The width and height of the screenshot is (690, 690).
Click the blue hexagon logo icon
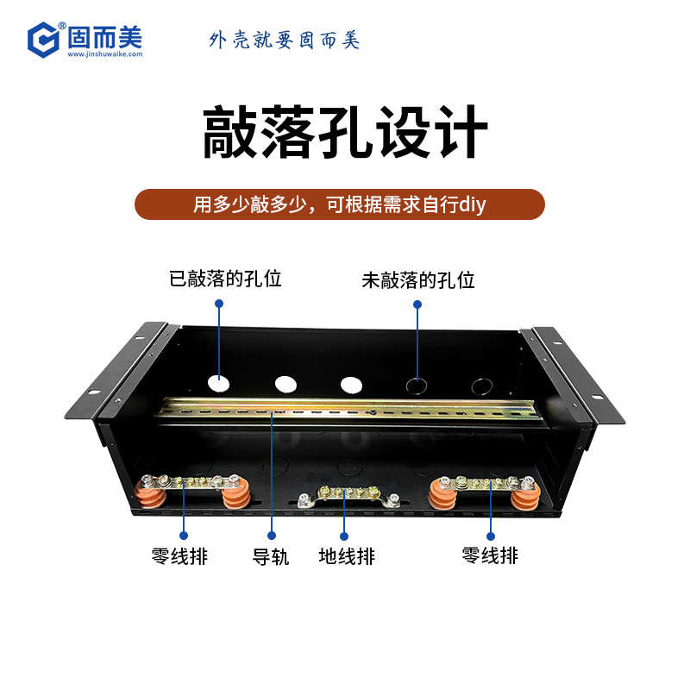(x=43, y=40)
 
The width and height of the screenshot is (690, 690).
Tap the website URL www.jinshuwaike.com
(x=104, y=54)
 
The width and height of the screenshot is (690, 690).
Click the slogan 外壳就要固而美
(x=284, y=40)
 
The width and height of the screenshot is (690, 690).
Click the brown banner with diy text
(x=340, y=204)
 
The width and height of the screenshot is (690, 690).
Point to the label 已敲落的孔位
(x=225, y=279)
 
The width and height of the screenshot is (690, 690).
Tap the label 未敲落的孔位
(x=417, y=280)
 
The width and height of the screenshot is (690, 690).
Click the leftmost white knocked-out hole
(x=219, y=384)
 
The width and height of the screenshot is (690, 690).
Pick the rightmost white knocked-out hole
(x=350, y=386)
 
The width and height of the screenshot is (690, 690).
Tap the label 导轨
(x=270, y=556)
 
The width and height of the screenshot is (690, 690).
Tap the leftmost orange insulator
(x=148, y=492)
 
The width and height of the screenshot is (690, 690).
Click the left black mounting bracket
(x=116, y=371)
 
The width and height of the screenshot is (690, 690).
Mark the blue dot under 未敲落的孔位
(x=417, y=304)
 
